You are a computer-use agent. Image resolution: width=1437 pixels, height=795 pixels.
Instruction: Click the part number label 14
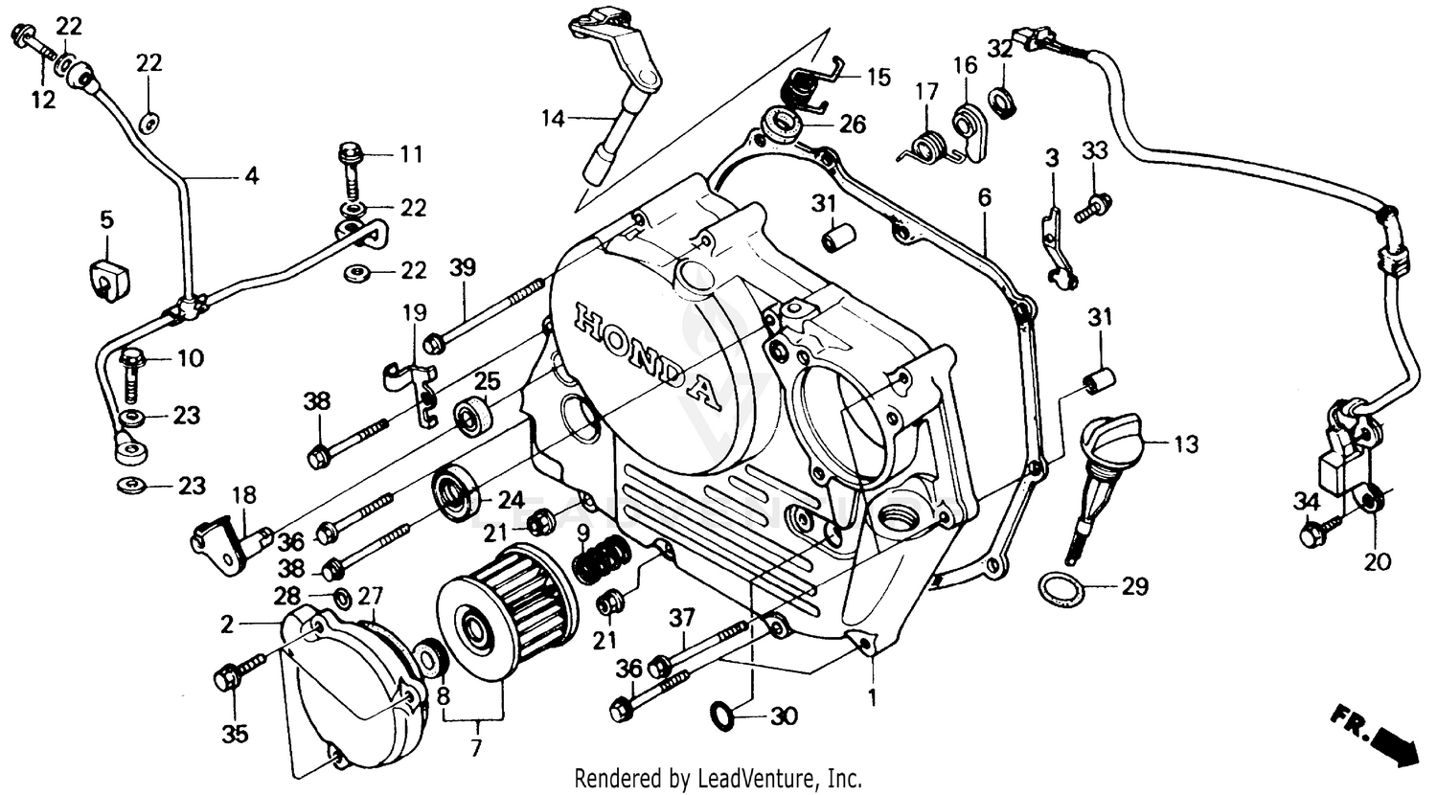point(553,120)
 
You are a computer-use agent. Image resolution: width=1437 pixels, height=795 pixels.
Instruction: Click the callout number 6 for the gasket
point(984,197)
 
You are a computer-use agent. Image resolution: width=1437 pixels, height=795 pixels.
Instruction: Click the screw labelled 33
point(1092,208)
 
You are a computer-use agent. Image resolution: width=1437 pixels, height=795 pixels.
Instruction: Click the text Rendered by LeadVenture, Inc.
point(718,778)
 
